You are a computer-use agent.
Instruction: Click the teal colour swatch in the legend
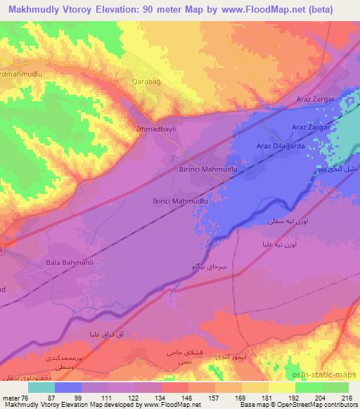pos(41,387)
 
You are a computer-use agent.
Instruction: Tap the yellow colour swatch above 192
pos(283,387)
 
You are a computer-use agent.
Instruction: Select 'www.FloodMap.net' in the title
pos(258,8)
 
